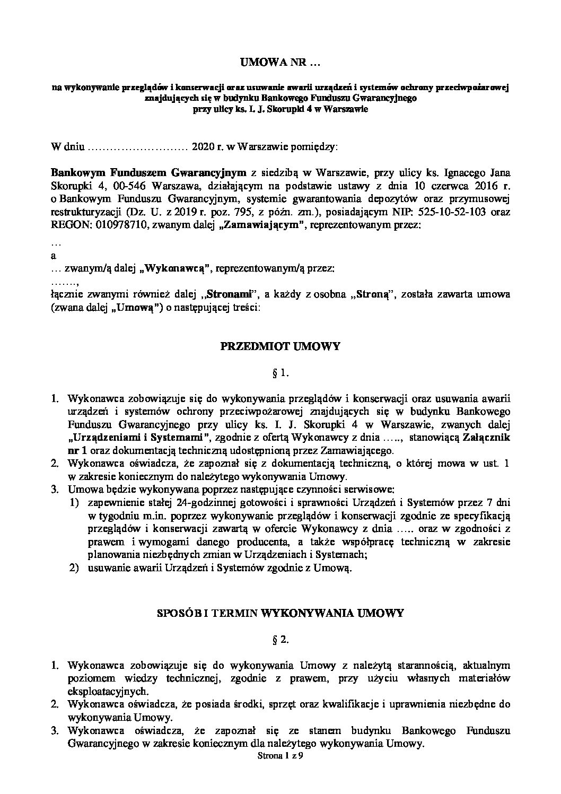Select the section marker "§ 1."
click(280, 373)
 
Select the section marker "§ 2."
click(280, 640)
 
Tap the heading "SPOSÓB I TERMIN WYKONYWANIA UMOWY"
click(280, 613)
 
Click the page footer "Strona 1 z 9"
click(280, 757)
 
